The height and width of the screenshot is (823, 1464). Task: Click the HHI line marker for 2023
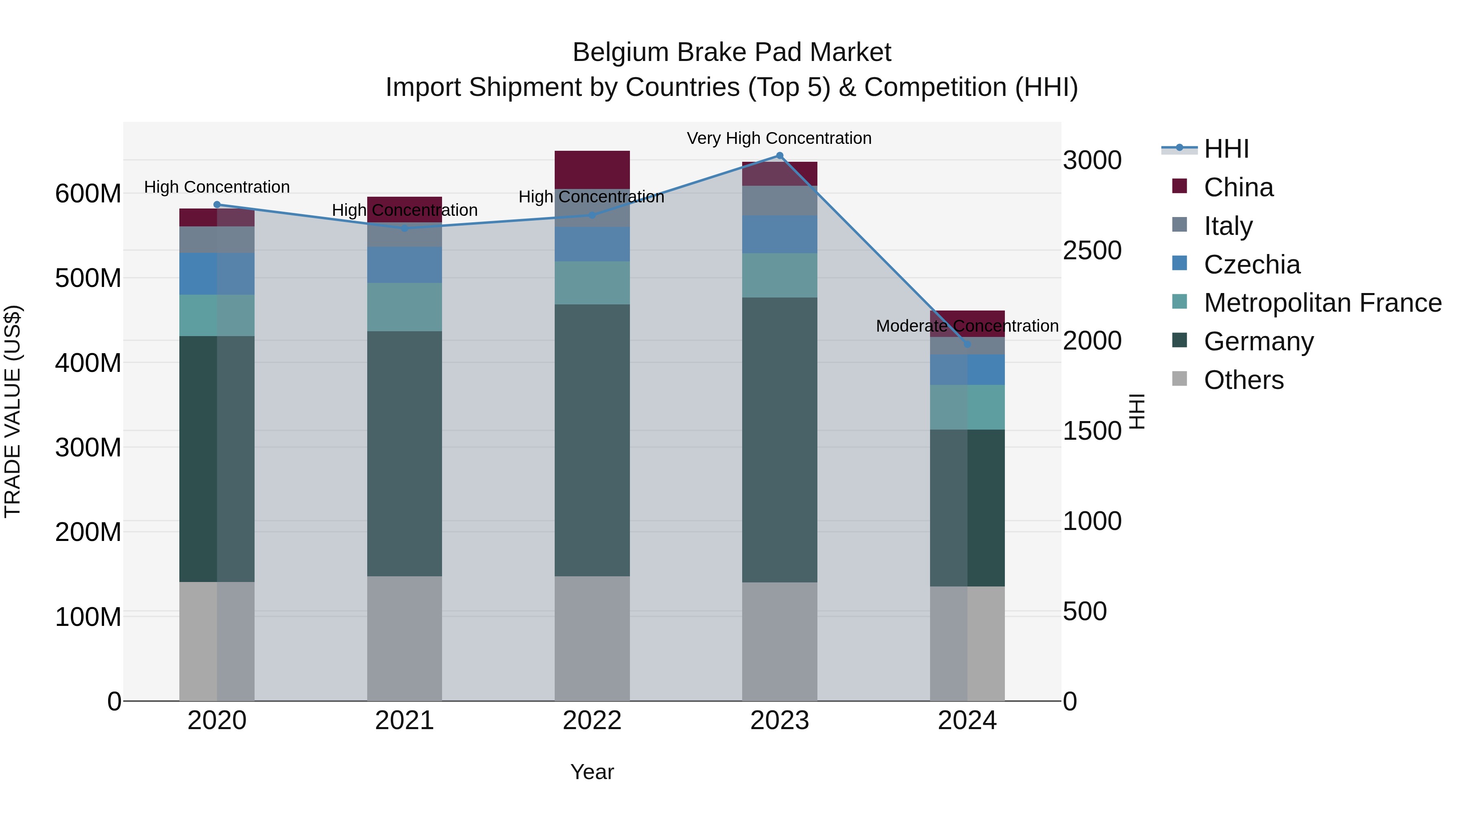(779, 156)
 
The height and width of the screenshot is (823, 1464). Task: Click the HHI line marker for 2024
(967, 344)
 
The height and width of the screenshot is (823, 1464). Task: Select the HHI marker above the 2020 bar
(216, 204)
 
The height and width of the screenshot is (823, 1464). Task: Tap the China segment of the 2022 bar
(592, 169)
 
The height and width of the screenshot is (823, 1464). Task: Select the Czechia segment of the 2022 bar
(592, 244)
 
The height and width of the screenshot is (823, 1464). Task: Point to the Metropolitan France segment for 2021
(404, 307)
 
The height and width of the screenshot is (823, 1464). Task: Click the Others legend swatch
(1179, 379)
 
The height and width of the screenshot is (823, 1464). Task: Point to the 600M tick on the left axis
(88, 194)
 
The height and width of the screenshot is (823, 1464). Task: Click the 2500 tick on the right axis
(1092, 250)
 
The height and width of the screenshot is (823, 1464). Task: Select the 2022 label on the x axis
(592, 721)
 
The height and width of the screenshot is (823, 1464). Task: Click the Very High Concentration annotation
(779, 138)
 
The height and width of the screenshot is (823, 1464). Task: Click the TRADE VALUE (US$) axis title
(13, 411)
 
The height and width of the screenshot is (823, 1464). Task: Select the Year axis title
(592, 772)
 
